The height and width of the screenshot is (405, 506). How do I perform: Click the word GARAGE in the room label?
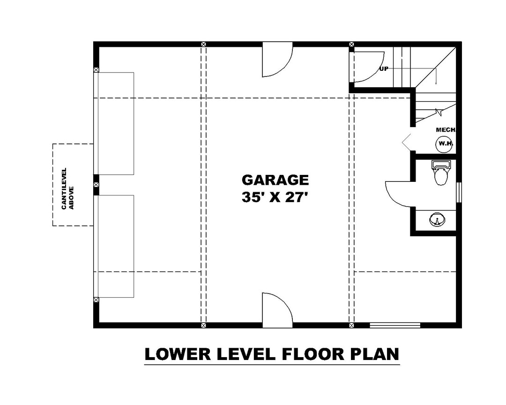pos(275,180)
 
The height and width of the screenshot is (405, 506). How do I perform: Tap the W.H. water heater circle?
pos(444,144)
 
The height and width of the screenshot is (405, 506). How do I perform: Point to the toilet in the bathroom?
pos(441,173)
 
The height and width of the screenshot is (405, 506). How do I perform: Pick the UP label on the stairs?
pos(384,68)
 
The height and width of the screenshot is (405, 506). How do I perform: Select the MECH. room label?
pos(446,130)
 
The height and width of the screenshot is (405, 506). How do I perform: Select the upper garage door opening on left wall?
pos(115,123)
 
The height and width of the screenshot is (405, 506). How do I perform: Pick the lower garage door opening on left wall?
pos(115,246)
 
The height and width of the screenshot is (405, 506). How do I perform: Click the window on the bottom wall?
pos(394,324)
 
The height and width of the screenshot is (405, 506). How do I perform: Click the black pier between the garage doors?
pos(96,185)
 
